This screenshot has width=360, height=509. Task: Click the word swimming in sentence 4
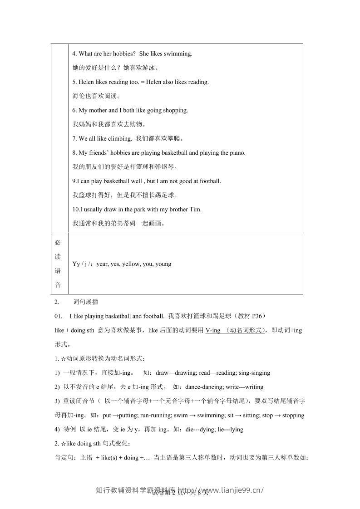[x=179, y=54]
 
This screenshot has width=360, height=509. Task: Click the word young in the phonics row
[x=163, y=264]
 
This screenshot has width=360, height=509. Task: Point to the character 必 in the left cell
[x=58, y=242]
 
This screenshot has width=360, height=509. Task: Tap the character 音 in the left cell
[x=58, y=285]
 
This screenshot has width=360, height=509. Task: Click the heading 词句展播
[x=85, y=302]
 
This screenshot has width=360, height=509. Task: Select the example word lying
[x=237, y=429]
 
